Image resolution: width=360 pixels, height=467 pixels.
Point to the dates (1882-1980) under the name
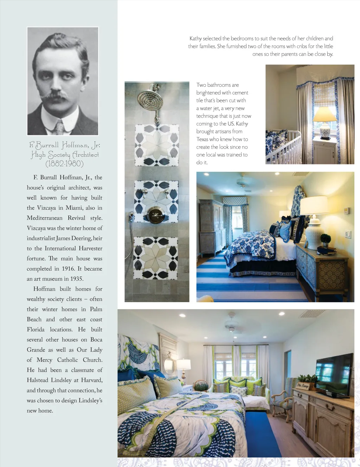[x=64, y=163]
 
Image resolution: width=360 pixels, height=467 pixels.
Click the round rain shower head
[x=150, y=100]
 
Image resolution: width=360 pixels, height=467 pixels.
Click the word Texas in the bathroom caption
[x=202, y=139]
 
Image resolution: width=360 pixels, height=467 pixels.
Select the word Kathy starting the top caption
[x=195, y=38]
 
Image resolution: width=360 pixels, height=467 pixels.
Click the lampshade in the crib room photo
[x=324, y=115]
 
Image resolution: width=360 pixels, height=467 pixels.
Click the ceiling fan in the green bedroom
[x=232, y=325]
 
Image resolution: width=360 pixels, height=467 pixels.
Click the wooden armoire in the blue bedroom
[x=212, y=227]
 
